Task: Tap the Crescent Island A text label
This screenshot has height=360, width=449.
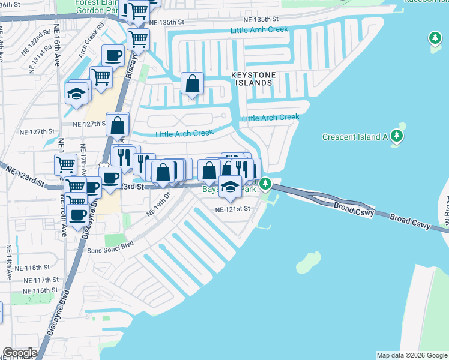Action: [355, 137]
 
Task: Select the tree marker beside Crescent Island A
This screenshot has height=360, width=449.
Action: [397, 136]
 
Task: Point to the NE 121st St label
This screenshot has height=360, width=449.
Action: [232, 209]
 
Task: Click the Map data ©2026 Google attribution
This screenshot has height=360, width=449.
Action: [412, 355]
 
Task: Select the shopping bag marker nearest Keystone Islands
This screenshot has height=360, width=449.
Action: [193, 85]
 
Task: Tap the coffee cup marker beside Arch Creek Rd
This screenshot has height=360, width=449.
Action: [113, 56]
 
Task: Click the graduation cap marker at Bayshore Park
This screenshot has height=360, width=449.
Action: [230, 187]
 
